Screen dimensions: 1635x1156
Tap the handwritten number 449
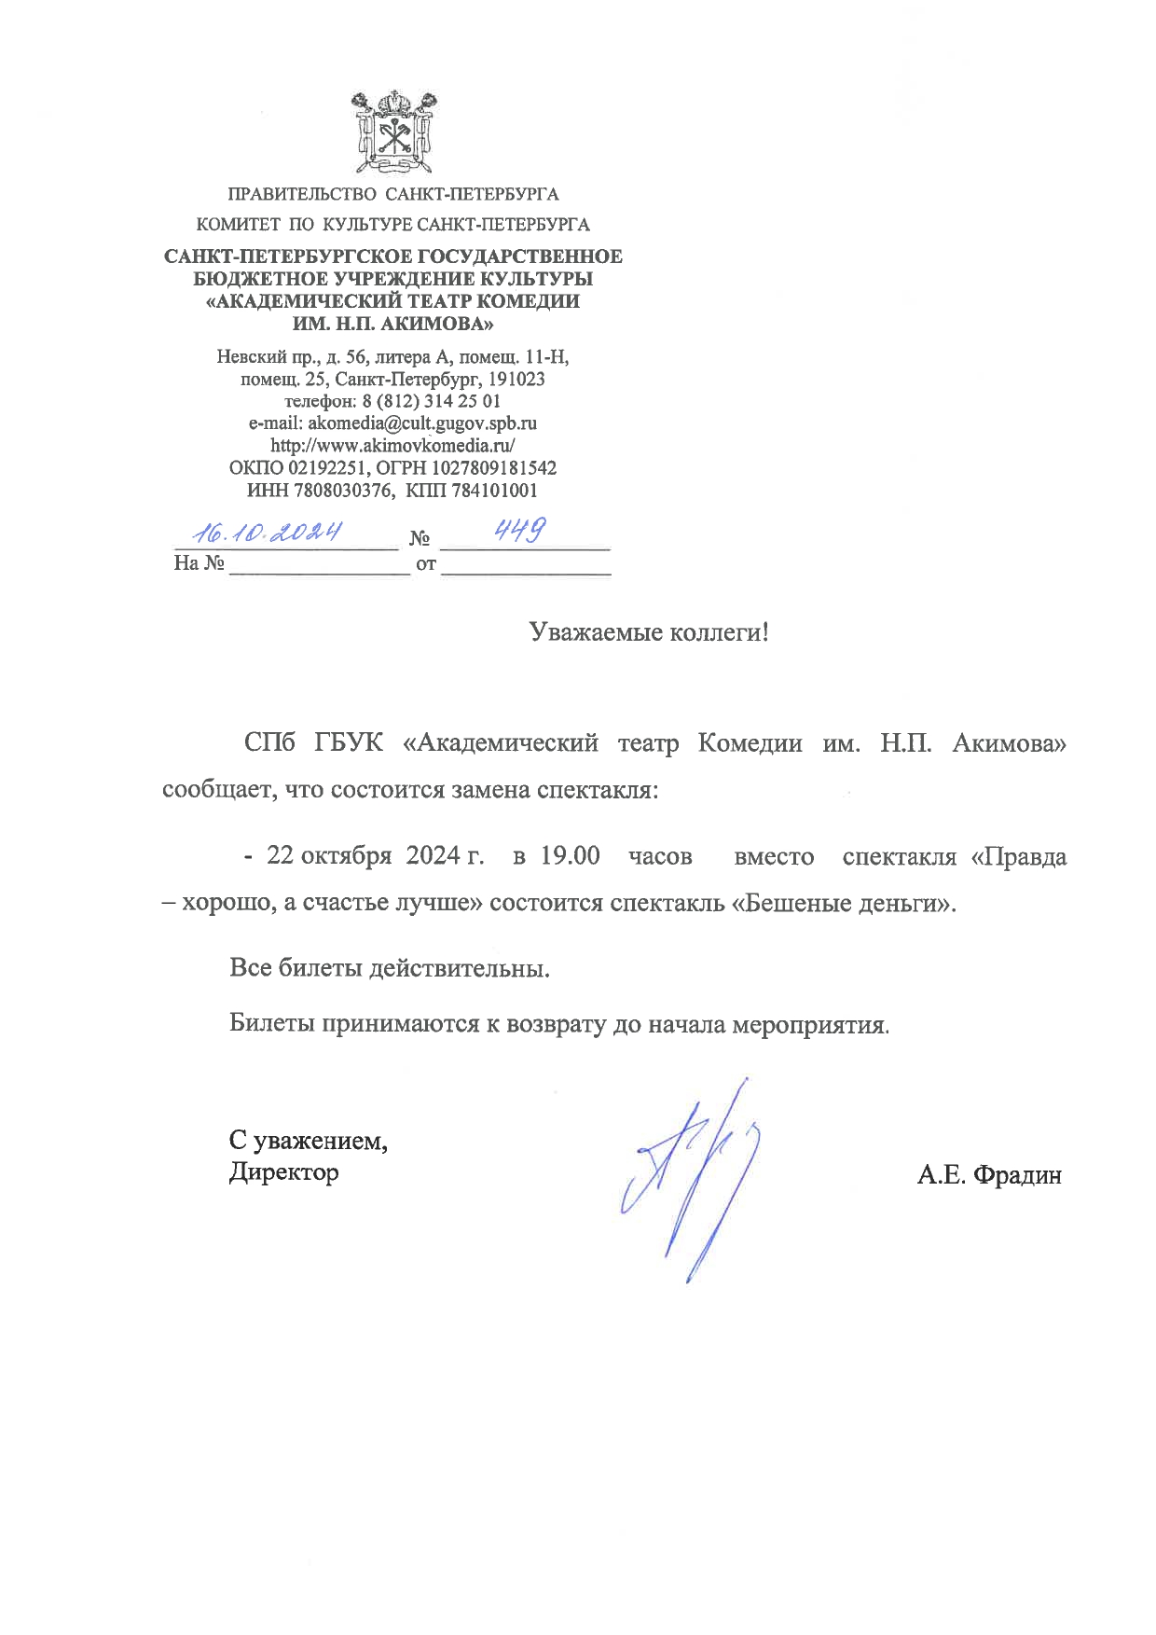click(x=519, y=531)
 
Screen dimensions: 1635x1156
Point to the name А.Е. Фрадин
click(x=988, y=1175)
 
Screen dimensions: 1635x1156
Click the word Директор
click(x=283, y=1171)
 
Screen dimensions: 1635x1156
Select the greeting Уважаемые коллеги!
click(x=649, y=632)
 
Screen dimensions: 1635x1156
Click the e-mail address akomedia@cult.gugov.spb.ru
click(x=422, y=423)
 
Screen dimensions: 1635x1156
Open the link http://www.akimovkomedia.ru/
click(x=392, y=446)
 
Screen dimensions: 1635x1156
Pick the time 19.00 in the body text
click(x=570, y=855)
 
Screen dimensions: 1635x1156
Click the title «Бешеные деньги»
click(x=843, y=903)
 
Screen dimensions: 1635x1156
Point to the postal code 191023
click(x=516, y=379)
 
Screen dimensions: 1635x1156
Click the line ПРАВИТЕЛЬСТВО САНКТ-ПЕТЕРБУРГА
click(x=393, y=195)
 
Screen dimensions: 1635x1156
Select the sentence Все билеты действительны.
click(x=389, y=967)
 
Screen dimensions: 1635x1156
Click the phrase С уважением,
click(x=309, y=1140)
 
